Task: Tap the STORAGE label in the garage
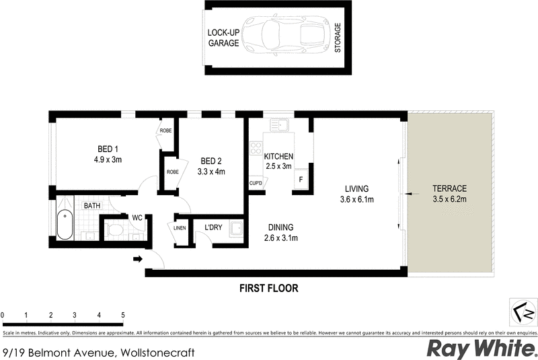point(338,38)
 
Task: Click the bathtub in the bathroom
point(65,225)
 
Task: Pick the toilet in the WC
point(115,230)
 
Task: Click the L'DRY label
point(213,227)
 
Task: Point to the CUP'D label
point(256,183)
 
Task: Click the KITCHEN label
point(278,156)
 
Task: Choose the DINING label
point(280,227)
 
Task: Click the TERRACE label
point(449,188)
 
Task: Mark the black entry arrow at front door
point(139,258)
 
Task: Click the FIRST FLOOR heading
point(269,289)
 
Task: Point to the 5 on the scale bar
point(123,315)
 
